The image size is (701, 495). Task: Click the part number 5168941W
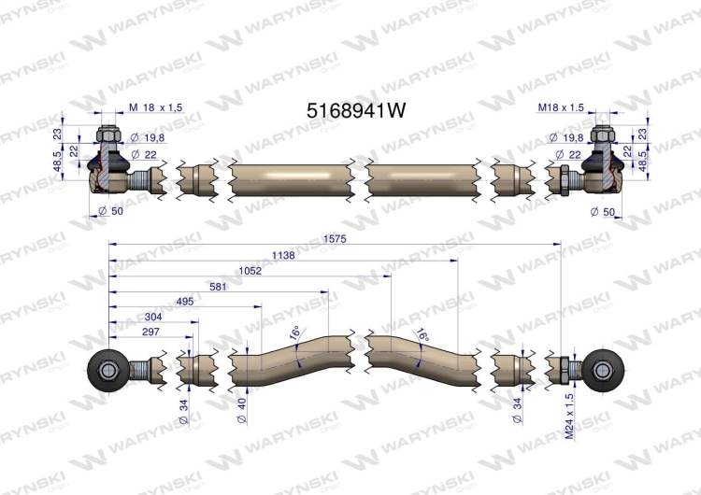(x=356, y=110)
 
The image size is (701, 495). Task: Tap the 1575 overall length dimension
(x=335, y=239)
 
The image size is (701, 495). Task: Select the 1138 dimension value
(x=283, y=255)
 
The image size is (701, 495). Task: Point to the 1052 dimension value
(x=250, y=271)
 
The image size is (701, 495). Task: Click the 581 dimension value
(x=218, y=287)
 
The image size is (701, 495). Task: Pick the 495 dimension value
(x=185, y=302)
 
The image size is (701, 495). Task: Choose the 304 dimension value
(x=153, y=317)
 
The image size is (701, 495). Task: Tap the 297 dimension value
(x=150, y=332)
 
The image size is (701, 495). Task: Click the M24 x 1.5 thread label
(x=569, y=417)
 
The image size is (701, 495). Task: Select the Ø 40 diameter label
(x=241, y=411)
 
